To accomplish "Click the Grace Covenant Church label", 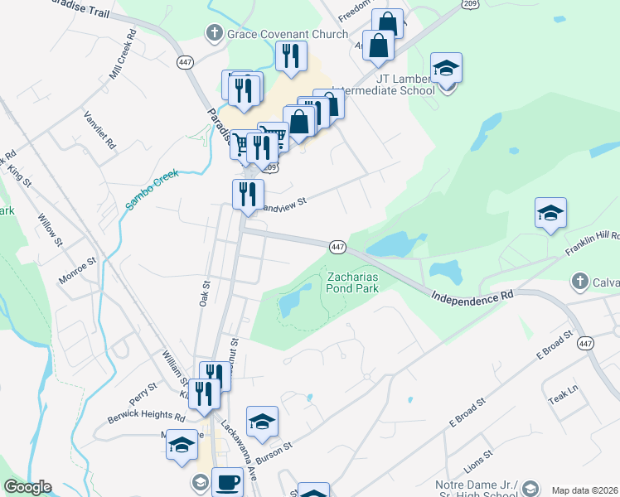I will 278,35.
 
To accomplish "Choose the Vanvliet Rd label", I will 99,132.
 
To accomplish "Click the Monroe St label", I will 77,272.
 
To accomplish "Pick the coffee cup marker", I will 227,481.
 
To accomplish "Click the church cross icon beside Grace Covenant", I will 214,34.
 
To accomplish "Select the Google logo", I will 27,487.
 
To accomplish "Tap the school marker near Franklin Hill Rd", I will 550,215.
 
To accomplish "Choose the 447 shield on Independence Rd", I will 337,247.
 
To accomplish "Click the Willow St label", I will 49,229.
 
